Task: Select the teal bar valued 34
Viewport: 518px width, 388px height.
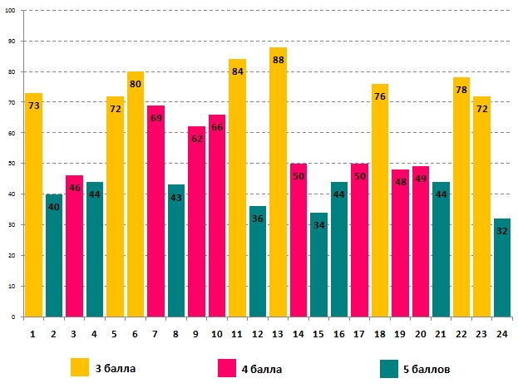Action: pos(318,265)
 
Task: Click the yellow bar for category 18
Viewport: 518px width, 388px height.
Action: pos(379,200)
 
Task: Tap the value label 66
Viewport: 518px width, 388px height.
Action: pos(216,127)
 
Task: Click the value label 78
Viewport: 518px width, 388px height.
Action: pos(461,90)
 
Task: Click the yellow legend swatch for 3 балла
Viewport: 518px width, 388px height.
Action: pos(80,366)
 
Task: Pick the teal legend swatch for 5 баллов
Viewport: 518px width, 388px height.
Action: pos(387,366)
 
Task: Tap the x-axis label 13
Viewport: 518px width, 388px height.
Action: pos(278,333)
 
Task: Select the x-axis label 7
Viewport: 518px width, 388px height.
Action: pos(155,333)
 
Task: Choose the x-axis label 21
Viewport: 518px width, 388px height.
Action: pos(441,333)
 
